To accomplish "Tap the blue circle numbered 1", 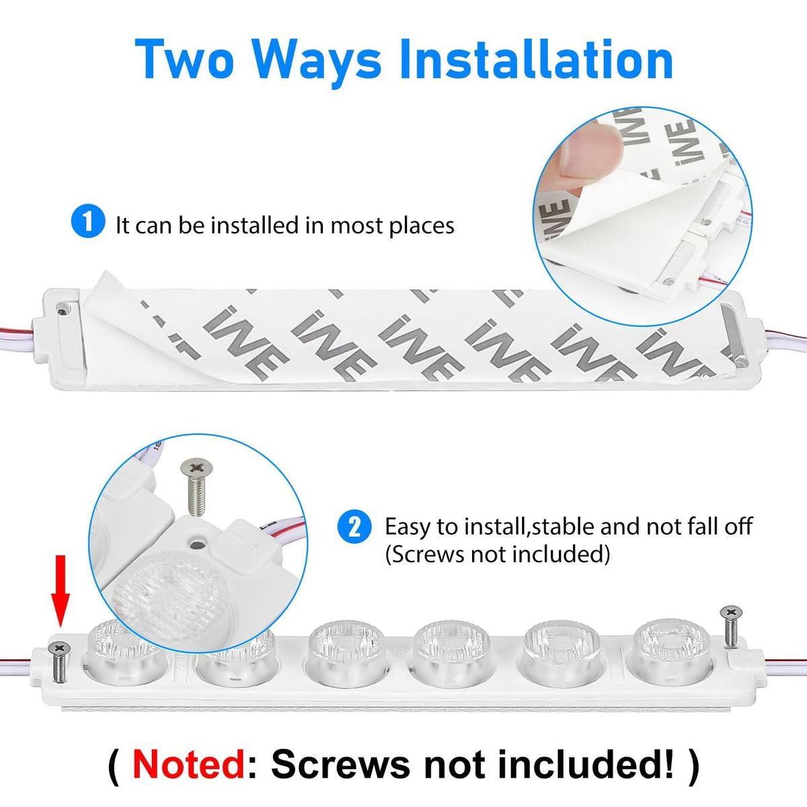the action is point(88,221).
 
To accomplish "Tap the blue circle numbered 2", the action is point(354,527).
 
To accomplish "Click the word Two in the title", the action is point(184,59).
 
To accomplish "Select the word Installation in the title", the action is point(537,59).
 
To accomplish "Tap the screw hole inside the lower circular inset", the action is point(196,543).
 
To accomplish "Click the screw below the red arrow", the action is point(59,662).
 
